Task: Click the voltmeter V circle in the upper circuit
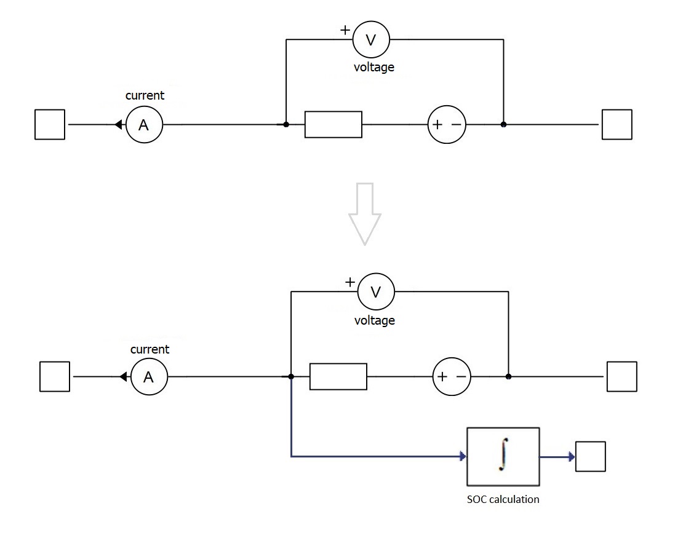[371, 39]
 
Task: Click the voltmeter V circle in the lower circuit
[375, 292]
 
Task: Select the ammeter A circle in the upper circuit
[144, 125]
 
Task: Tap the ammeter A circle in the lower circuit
[149, 377]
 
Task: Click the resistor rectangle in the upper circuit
[333, 125]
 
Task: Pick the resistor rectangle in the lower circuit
[338, 376]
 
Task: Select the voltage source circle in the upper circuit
[447, 125]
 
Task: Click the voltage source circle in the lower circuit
[452, 376]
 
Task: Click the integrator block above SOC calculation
[503, 457]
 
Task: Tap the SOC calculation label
[503, 499]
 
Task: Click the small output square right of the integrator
[590, 457]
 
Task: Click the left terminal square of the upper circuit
[50, 125]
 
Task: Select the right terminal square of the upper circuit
[617, 125]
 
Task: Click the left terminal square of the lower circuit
[55, 377]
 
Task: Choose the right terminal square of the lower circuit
[621, 377]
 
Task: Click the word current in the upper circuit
[145, 95]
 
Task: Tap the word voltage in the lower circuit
[374, 320]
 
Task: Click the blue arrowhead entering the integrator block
[462, 457]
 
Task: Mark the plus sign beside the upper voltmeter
[345, 29]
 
